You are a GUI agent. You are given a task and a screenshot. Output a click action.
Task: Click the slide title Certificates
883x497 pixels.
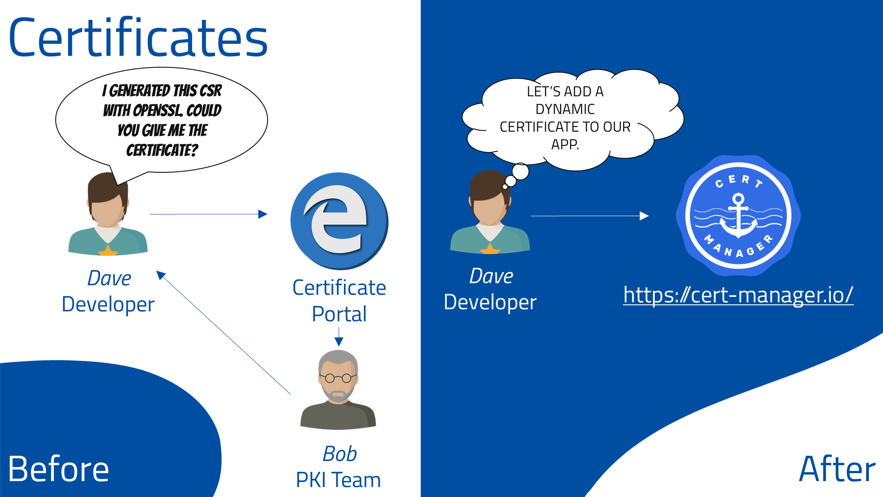pyautogui.click(x=138, y=38)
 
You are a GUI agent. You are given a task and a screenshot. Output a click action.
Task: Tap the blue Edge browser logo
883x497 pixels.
pyautogui.click(x=339, y=221)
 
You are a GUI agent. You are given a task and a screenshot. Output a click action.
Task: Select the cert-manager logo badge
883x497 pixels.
pyautogui.click(x=738, y=216)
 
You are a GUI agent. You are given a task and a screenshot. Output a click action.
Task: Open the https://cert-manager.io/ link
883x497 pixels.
pyautogui.click(x=738, y=295)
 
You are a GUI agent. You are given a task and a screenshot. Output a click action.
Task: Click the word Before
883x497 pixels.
pyautogui.click(x=58, y=469)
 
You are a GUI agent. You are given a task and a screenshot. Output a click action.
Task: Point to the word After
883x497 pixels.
pyautogui.click(x=837, y=469)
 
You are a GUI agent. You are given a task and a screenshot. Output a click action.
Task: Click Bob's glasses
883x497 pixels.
pyautogui.click(x=338, y=378)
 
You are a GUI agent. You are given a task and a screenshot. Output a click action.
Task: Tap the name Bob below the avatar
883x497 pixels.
pyautogui.click(x=340, y=454)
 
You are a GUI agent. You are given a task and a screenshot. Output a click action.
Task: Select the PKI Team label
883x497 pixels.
pyautogui.click(x=338, y=480)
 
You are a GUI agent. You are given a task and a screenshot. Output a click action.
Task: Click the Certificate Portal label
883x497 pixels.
pyautogui.click(x=339, y=301)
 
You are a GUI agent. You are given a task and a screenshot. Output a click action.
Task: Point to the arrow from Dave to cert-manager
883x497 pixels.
pyautogui.click(x=590, y=216)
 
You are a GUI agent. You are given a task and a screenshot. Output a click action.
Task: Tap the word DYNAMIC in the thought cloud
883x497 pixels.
pyautogui.click(x=565, y=109)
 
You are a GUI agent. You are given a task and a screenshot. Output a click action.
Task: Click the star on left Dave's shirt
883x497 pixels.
pyautogui.click(x=108, y=250)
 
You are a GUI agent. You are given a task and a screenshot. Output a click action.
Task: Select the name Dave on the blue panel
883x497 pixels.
pyautogui.click(x=491, y=276)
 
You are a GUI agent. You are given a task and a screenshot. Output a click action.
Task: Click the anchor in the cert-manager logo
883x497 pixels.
pyautogui.click(x=738, y=217)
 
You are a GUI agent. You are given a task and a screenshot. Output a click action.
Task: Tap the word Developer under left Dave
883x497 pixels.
pyautogui.click(x=108, y=304)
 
